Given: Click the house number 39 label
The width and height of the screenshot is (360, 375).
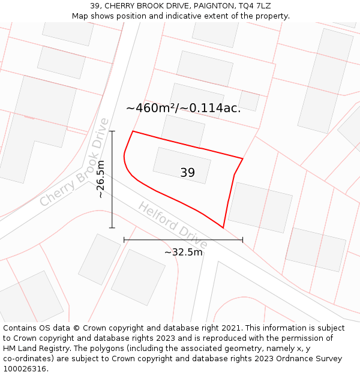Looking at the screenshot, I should coord(187,173).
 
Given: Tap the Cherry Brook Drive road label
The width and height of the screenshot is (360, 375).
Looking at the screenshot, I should coord(76,162).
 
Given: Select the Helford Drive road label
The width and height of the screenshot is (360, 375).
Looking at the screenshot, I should coord(173,225).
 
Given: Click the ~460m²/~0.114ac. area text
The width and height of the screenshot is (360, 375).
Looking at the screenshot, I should coord(183,108).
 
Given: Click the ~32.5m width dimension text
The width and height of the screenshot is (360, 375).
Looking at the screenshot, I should coord(183,252).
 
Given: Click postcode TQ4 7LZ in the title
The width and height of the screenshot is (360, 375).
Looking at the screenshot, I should coord(256,5).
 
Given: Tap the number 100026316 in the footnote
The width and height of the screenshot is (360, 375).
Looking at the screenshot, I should coord(25,368).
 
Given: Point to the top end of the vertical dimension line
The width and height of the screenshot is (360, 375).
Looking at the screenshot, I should coord(112,131).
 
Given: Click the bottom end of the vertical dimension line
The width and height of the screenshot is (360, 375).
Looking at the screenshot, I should coord(112,228).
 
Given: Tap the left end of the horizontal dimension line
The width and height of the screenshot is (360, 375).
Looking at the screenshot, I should coord(124,240).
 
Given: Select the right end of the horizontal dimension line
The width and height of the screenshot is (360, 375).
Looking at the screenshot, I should coord(242,240).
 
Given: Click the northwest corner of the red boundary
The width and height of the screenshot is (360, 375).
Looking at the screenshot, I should coord(133,131).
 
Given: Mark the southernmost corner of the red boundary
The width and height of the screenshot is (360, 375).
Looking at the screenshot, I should coord(223,228).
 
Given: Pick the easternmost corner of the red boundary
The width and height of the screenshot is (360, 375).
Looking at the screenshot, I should coord(242,158).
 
